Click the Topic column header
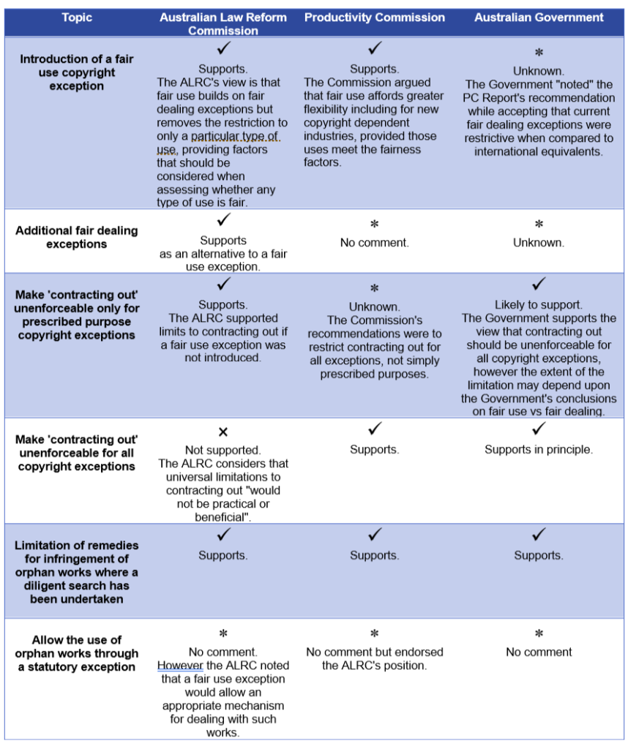[76, 18]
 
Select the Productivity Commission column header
[374, 18]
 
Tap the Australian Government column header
[539, 18]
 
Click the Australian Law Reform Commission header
[223, 24]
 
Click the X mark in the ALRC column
[223, 432]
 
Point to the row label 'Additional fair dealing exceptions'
[76, 237]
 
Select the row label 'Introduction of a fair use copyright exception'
[76, 72]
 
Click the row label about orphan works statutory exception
[76, 653]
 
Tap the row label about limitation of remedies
[76, 572]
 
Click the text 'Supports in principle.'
[539, 450]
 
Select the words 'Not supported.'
[223, 450]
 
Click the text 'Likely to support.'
[539, 305]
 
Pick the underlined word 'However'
[180, 666]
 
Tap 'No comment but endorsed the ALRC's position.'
[375, 659]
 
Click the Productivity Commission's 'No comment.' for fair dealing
[375, 243]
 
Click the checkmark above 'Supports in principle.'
[539, 429]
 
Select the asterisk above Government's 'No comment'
[539, 634]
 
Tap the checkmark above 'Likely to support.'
[539, 284]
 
